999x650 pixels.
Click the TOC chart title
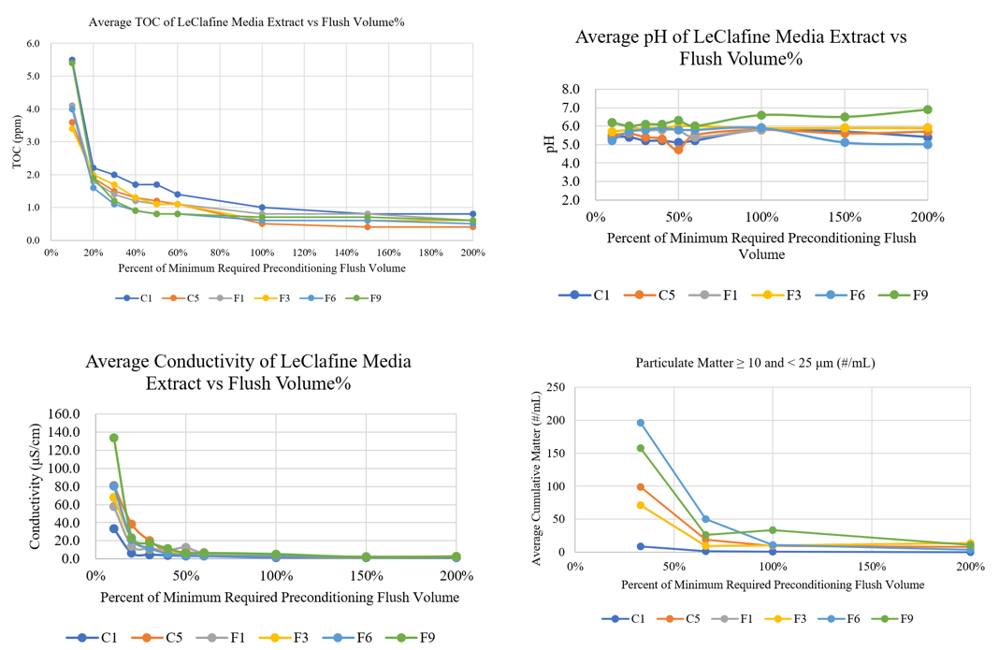pos(247,22)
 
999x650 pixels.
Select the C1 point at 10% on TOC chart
pos(72,60)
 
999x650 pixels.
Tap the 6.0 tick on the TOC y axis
pos(33,44)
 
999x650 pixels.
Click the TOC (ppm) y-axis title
pos(16,142)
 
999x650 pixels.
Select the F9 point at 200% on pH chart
pos(928,109)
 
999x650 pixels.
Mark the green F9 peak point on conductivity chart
pos(114,438)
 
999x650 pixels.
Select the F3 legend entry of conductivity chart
pos(292,638)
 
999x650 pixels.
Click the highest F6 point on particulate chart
pos(641,423)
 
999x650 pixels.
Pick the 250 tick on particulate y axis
pos(555,388)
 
